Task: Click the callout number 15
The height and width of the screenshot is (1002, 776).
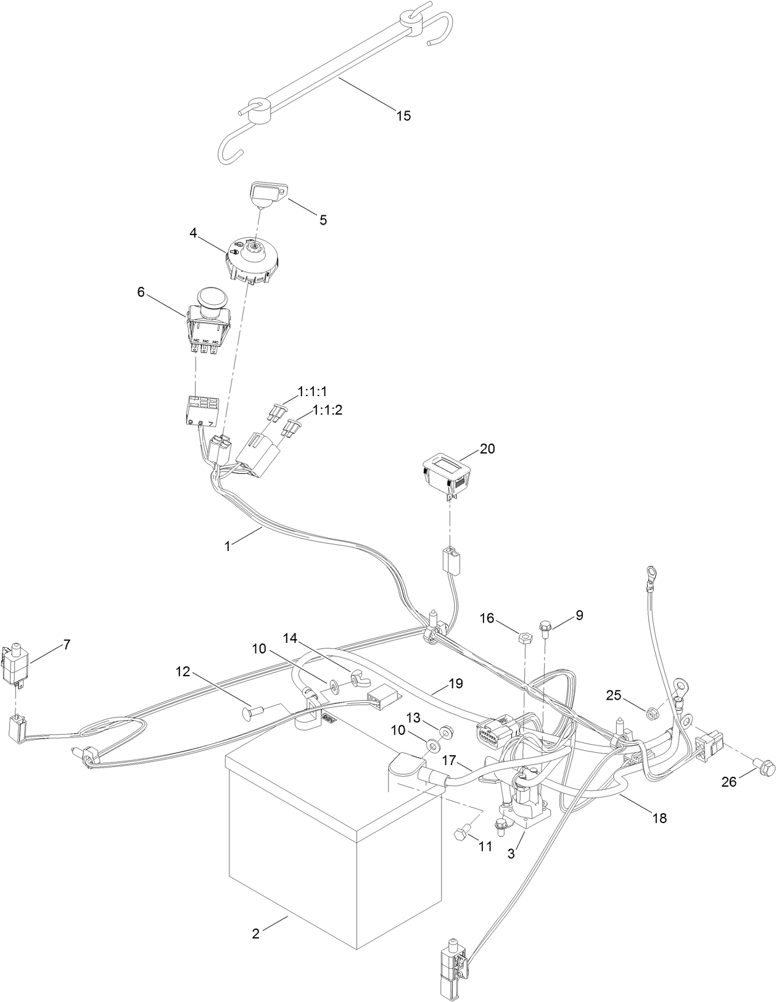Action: (403, 115)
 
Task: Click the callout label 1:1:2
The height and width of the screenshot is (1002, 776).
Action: (327, 410)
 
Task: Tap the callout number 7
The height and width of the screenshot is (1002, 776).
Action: (66, 645)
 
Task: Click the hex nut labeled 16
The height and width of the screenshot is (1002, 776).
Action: (522, 636)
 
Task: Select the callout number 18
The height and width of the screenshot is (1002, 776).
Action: (659, 818)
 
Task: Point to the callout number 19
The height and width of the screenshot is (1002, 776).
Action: (455, 684)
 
